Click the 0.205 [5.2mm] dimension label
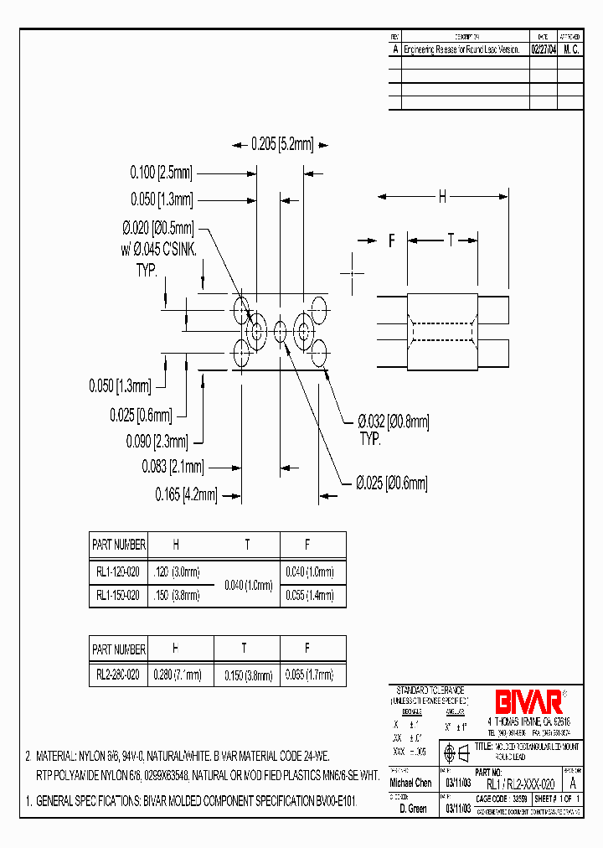281,145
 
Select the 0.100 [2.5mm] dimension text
161,173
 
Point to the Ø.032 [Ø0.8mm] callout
394,423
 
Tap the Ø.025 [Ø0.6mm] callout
391,483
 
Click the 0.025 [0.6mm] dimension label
141,415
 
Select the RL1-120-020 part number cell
118,571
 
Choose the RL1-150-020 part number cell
118,595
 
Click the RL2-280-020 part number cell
118,673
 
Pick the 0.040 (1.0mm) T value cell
247,583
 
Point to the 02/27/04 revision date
544,49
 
